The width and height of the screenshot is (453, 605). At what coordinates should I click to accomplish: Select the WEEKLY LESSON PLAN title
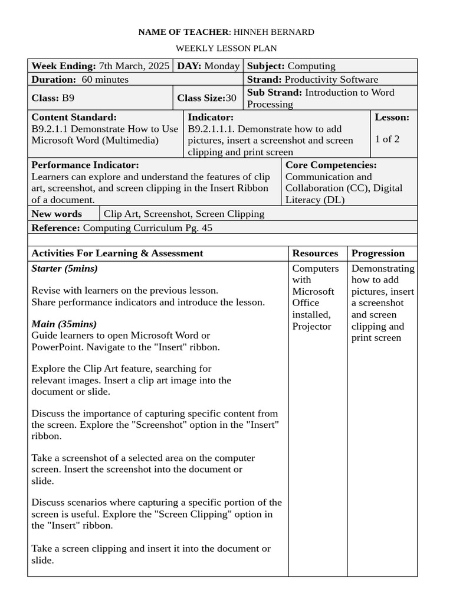tap(226, 48)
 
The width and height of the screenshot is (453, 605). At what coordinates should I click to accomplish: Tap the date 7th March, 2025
tap(134, 66)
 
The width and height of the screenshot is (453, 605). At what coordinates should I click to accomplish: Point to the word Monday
tap(222, 66)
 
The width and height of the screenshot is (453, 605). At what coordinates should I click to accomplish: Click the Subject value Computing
tap(311, 66)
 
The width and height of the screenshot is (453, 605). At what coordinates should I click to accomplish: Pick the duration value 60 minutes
tap(105, 79)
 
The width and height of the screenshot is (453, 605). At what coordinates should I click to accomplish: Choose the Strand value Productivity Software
tap(331, 79)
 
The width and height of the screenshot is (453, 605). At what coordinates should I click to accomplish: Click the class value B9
tap(68, 98)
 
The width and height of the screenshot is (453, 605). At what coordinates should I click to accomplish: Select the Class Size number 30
tap(231, 98)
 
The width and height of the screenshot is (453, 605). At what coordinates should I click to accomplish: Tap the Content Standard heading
tap(74, 117)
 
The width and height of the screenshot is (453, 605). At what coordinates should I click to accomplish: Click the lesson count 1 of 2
tap(387, 139)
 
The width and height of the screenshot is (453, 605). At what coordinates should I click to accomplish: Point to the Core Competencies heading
tap(331, 165)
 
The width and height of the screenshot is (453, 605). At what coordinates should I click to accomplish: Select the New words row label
tap(57, 214)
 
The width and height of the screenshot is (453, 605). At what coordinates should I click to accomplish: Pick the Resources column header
tap(315, 253)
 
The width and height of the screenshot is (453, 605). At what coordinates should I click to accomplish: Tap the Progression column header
tap(378, 253)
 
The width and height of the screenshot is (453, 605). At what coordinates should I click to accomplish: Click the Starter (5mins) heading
tap(64, 269)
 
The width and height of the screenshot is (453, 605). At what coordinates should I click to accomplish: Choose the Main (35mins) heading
tap(64, 324)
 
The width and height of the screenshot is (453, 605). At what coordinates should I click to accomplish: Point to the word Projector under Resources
tap(311, 326)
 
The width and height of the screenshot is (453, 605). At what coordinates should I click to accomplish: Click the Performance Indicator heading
tap(85, 165)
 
